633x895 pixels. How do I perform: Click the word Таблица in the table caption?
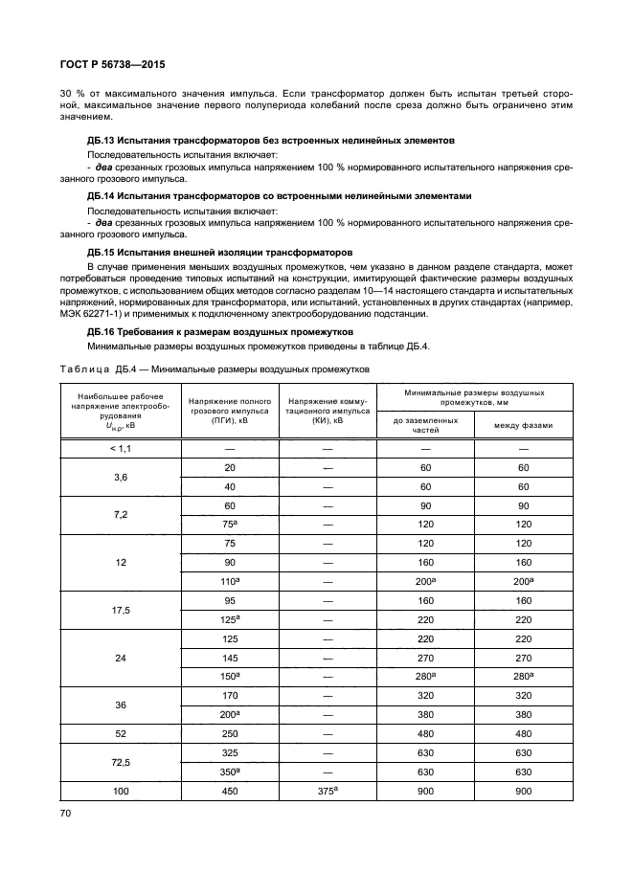[86, 369]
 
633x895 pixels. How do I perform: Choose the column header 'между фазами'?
[523, 425]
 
